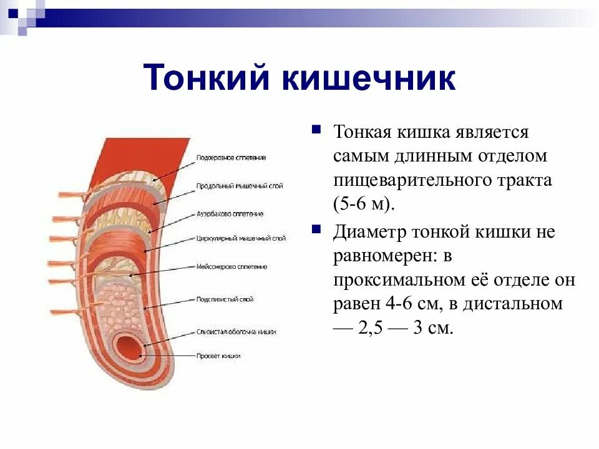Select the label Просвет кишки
[x=218, y=356]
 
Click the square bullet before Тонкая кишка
[x=316, y=130]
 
